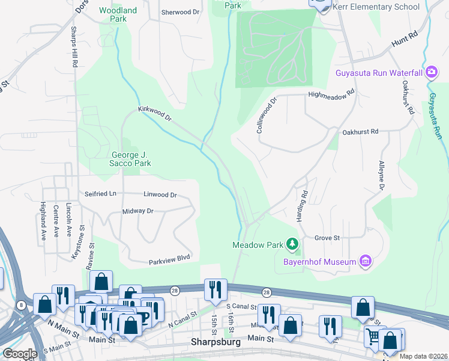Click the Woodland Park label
118,14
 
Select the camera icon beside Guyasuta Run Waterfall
431,73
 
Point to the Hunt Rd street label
403,40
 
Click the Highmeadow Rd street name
331,94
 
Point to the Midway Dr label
138,211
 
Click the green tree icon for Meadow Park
292,244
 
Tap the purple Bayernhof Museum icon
365,261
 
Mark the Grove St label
327,238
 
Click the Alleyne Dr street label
381,176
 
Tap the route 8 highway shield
22,306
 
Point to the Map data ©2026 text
423,356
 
